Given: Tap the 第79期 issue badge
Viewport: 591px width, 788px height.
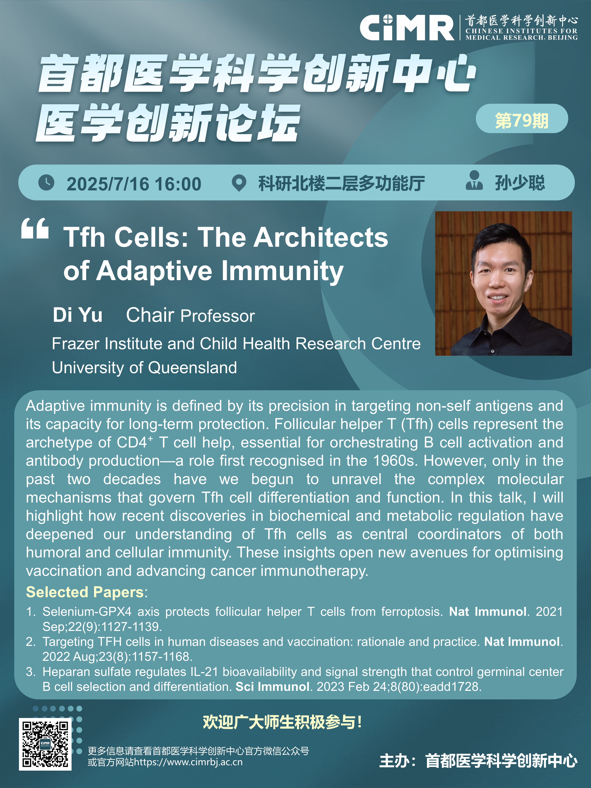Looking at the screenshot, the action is coord(522,119).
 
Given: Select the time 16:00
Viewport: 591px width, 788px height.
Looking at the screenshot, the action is coord(178,184).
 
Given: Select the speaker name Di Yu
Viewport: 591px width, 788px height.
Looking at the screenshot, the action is coord(78,315).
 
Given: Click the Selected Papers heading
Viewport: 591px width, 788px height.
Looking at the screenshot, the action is coord(85,592).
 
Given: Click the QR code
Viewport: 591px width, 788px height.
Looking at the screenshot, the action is coord(45,744).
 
